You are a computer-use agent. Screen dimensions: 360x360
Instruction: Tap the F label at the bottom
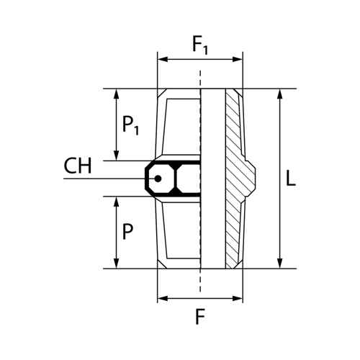[x=200, y=316]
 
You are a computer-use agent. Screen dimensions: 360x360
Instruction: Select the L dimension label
[x=291, y=179]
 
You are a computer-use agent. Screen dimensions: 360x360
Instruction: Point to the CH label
[x=78, y=166]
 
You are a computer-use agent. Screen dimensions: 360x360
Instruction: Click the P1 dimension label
[x=130, y=125]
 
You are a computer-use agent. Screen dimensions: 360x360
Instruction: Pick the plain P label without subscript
[x=127, y=232]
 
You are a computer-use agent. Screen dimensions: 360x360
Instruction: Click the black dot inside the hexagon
[x=158, y=179]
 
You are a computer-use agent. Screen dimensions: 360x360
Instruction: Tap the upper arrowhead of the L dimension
[x=279, y=94]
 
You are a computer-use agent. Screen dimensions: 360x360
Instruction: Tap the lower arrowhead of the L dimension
[x=279, y=264]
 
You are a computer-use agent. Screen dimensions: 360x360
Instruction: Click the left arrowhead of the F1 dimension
[x=162, y=60]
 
